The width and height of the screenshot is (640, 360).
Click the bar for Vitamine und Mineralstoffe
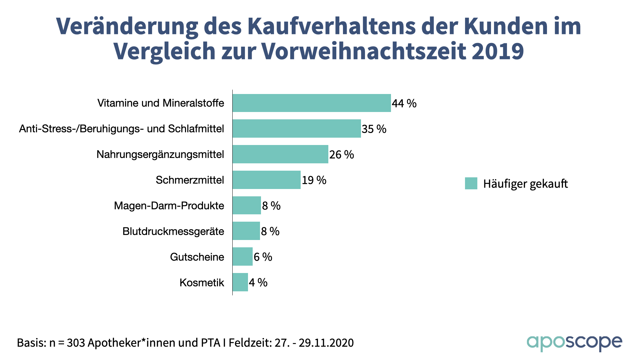(312, 103)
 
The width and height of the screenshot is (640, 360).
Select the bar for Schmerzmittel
(267, 180)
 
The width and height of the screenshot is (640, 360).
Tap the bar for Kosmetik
(240, 282)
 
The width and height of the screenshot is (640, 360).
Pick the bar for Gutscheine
(243, 257)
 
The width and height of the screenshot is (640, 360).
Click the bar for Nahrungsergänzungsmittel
(280, 154)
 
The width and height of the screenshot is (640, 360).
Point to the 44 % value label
(404, 104)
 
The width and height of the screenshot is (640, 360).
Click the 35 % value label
(374, 129)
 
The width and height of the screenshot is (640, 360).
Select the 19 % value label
(314, 180)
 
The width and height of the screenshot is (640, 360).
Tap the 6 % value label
(263, 257)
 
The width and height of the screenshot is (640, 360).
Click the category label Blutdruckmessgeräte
(173, 231)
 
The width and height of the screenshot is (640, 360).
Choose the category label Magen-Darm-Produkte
(169, 206)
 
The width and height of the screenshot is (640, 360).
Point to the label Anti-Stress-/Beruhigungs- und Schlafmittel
(121, 129)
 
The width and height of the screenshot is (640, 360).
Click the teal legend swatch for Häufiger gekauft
(471, 183)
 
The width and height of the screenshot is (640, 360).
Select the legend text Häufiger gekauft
(525, 184)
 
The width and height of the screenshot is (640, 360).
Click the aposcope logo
(574, 342)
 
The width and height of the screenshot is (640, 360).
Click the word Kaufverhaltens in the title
(332, 26)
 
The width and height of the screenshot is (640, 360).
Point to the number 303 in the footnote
(75, 343)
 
